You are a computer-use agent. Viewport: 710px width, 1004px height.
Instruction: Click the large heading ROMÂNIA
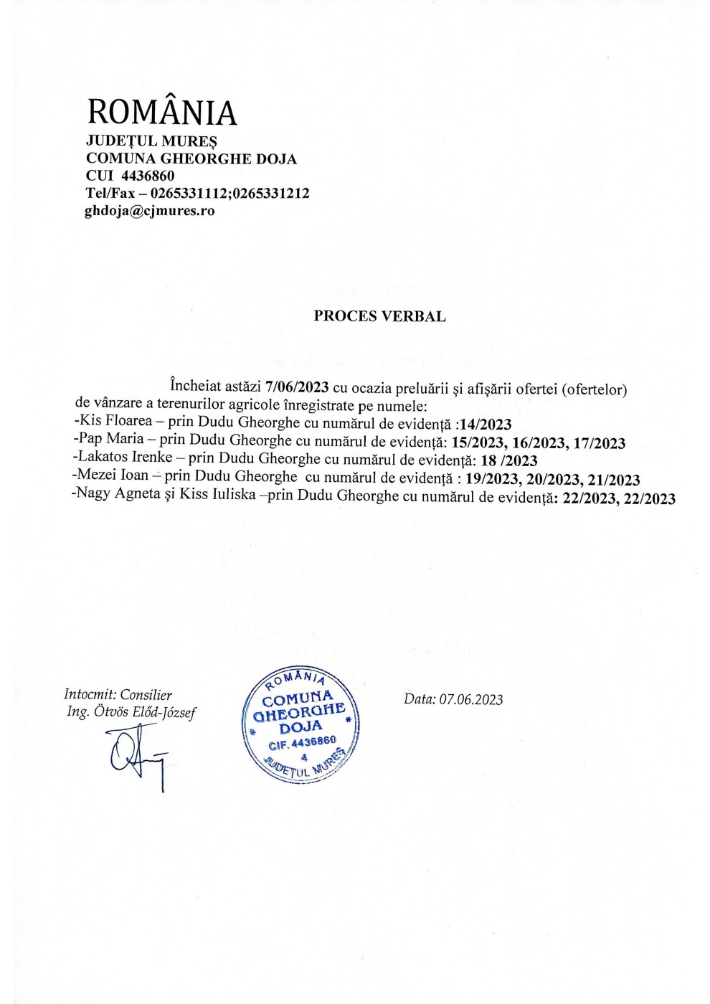click(161, 112)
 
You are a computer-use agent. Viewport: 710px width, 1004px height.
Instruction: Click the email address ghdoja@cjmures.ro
click(150, 211)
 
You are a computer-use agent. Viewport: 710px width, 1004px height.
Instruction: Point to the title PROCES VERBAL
click(379, 316)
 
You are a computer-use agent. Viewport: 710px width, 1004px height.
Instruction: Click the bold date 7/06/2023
click(297, 388)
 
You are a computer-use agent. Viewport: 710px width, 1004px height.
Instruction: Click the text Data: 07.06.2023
click(453, 699)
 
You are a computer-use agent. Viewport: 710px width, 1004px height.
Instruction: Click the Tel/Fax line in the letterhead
click(197, 193)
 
